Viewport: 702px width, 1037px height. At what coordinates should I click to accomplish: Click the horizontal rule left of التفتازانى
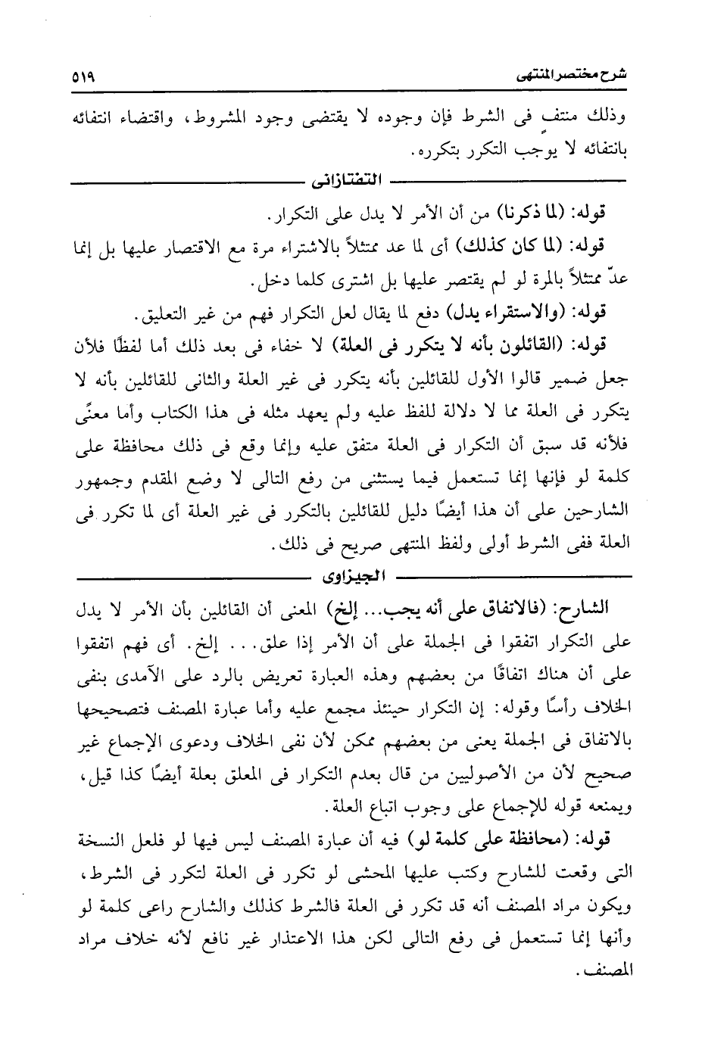click(186, 182)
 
